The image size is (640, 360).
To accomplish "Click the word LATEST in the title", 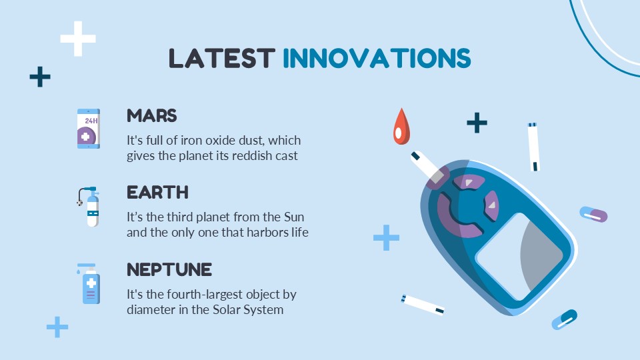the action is tap(222, 58).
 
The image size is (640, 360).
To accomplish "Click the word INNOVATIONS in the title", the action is tap(377, 58).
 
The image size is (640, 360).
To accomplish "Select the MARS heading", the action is tap(151, 116).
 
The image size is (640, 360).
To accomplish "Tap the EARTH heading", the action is tap(157, 193).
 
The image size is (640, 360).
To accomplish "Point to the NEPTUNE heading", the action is tap(169, 270).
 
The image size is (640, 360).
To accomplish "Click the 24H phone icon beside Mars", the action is tap(89, 129).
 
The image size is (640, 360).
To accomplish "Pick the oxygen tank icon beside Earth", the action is tap(89, 207).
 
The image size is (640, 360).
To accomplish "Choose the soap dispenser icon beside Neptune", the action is tap(89, 284).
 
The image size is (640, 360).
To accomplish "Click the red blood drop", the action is tap(401, 127).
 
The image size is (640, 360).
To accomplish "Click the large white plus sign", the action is tap(78, 39).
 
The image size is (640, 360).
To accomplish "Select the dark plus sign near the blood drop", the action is tap(477, 123).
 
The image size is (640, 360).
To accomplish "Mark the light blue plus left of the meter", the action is tap(386, 237).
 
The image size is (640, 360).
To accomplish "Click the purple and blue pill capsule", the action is tap(593, 214).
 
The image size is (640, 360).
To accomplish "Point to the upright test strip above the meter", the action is tap(534, 147).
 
